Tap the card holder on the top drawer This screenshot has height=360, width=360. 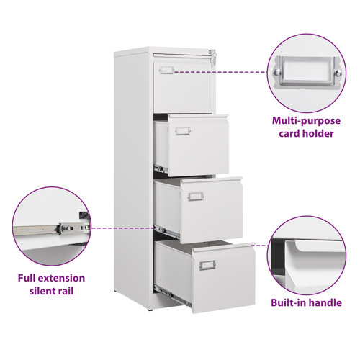[167, 70]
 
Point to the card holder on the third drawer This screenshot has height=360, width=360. [196, 196]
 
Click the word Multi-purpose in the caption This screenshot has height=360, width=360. [306, 120]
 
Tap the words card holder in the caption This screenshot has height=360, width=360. [306, 133]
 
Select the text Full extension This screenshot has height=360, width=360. [52, 278]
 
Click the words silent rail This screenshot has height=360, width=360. [52, 292]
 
